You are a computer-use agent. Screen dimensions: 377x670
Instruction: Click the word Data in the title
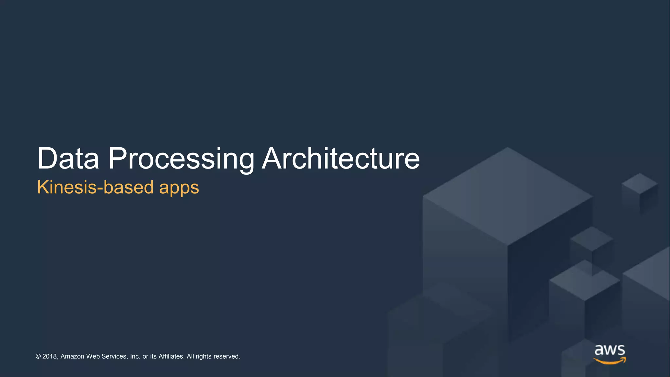[68, 159]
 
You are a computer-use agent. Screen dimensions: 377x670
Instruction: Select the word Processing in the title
[181, 159]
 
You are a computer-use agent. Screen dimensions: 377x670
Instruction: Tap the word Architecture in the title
[341, 159]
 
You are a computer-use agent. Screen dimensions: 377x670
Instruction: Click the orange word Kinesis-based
[95, 187]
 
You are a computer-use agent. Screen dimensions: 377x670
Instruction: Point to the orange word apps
[179, 188]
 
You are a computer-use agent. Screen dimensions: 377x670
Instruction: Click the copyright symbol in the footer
[38, 356]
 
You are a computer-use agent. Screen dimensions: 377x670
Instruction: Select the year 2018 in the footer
[50, 356]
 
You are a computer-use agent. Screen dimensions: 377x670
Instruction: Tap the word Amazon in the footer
[72, 356]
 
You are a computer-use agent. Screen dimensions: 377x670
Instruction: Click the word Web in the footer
[93, 356]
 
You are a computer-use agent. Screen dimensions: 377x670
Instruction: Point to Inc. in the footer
[135, 356]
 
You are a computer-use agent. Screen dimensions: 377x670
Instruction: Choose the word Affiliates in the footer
[171, 356]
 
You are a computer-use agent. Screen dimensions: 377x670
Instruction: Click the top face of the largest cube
[508, 196]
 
